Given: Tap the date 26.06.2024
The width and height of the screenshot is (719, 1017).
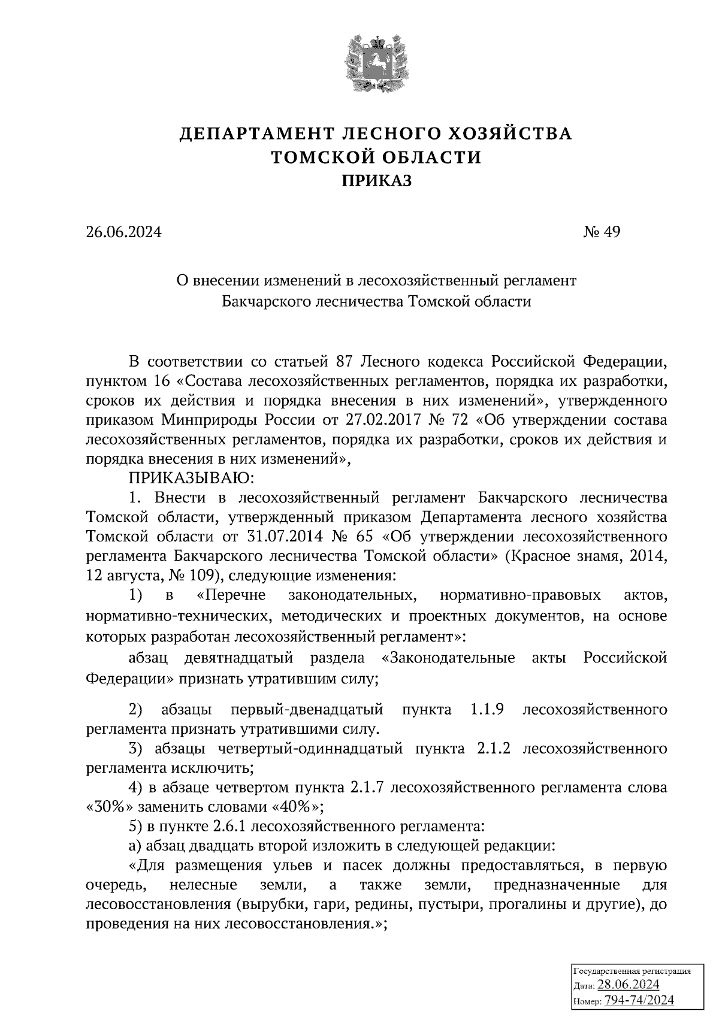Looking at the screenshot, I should pos(123,232).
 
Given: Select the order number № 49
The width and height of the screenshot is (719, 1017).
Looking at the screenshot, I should pos(602,232).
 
